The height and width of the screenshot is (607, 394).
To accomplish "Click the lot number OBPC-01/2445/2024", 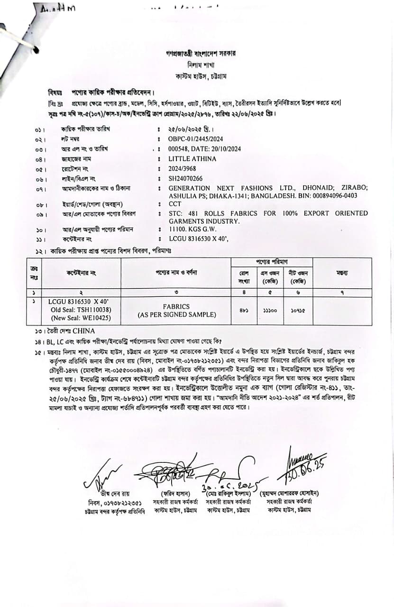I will tap(195, 139).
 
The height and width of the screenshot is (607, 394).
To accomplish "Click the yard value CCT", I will tap(175, 203).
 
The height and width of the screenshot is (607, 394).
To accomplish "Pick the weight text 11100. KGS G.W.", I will tap(194, 229).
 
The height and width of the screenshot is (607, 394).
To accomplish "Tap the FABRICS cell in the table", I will tap(176, 307).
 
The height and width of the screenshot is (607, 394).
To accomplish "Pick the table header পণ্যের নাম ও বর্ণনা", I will tap(176, 273).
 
